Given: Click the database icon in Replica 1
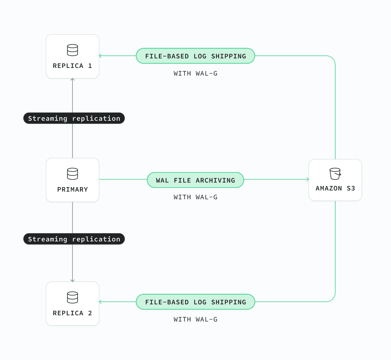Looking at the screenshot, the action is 72,50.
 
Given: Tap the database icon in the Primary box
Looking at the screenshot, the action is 72,174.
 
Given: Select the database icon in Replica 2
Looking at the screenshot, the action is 72,297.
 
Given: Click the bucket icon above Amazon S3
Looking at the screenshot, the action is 335,173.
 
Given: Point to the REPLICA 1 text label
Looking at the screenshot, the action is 72,66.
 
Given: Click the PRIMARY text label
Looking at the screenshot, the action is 72,189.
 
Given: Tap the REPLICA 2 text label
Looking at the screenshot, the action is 72,313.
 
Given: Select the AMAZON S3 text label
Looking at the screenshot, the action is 335,188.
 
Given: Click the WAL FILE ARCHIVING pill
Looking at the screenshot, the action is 195,180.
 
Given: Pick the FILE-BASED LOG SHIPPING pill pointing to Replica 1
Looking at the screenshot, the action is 195,56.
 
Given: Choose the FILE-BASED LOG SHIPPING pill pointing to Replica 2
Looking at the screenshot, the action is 195,302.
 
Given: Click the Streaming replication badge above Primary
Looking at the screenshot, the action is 74,118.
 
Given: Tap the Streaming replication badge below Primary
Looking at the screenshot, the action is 74,239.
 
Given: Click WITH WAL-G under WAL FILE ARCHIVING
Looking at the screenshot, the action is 196,197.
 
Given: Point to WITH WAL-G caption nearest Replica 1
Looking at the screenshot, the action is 196,74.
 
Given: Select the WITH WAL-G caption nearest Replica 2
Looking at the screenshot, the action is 196,320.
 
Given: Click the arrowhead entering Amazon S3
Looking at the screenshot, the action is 308,179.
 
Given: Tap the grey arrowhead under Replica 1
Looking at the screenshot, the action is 72,79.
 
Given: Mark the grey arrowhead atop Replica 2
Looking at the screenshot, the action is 72,280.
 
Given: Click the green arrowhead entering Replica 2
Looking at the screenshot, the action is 100,302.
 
